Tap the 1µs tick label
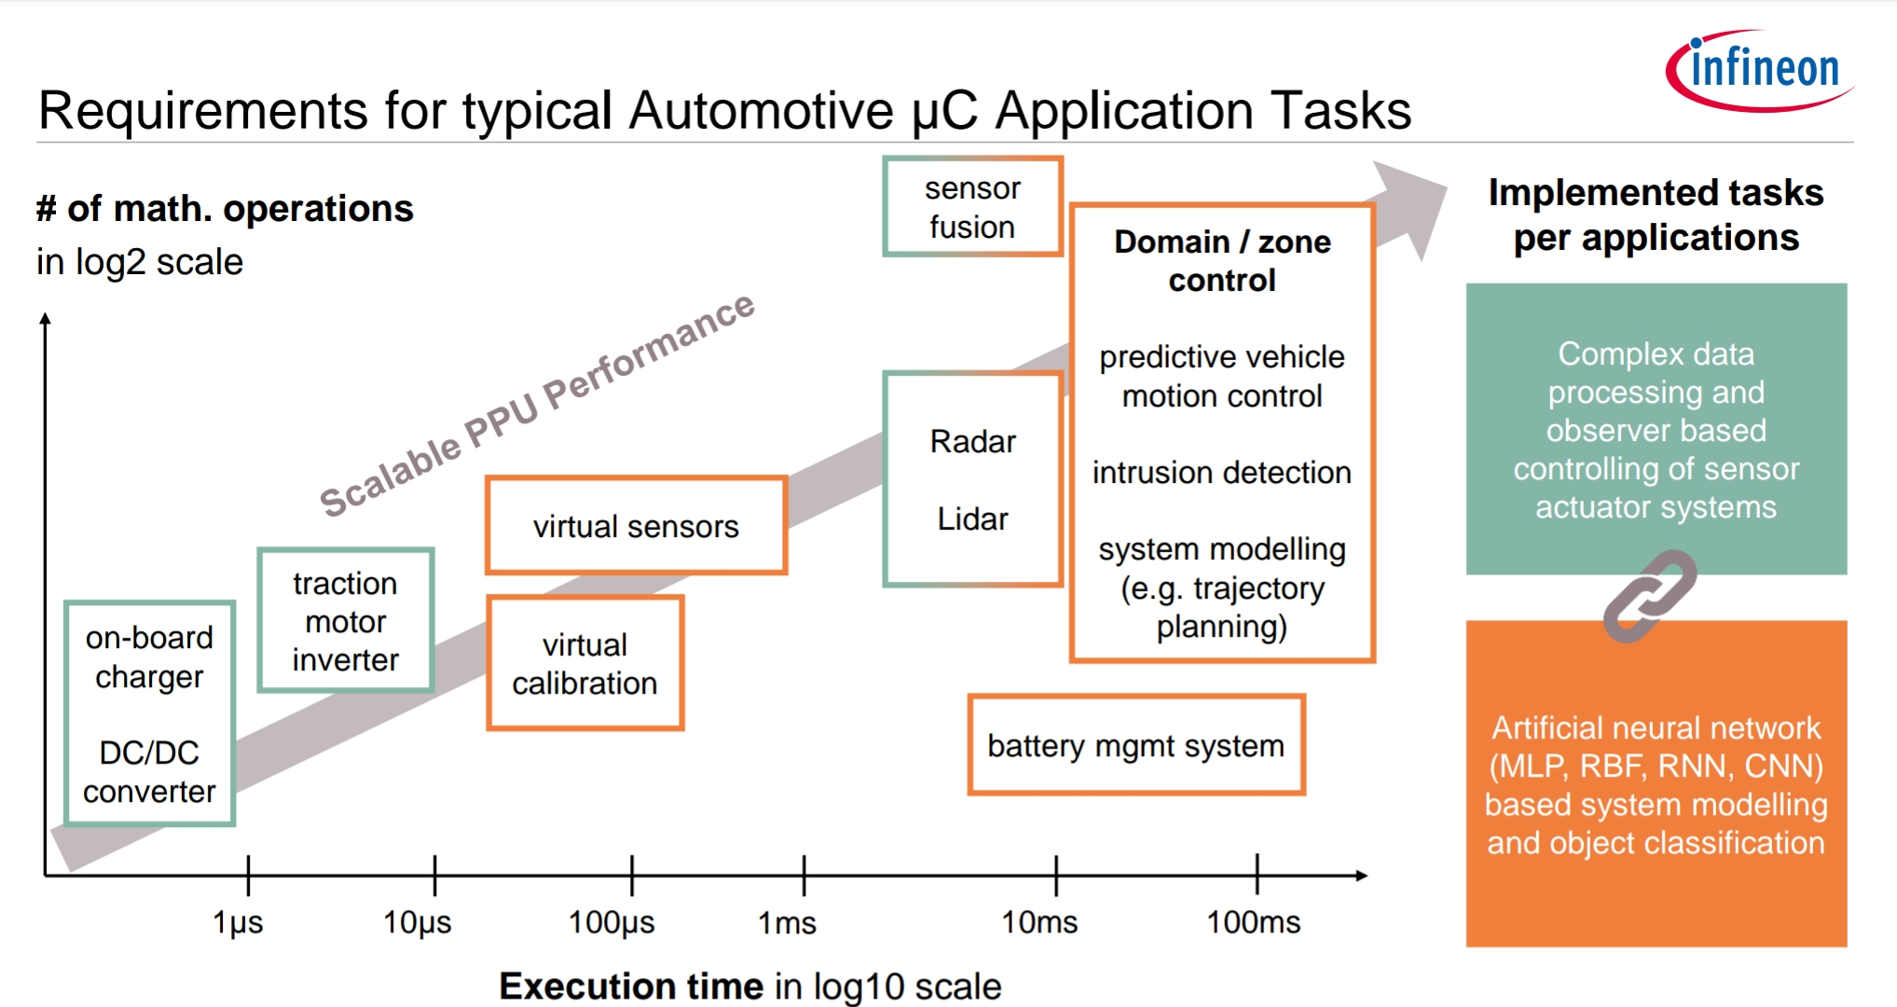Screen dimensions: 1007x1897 click(238, 922)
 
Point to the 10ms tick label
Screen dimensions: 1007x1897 click(1038, 922)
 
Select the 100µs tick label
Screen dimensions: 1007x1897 click(612, 922)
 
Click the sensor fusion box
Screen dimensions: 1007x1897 click(972, 207)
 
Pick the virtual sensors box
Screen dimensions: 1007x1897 click(636, 526)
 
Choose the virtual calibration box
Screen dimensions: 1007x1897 click(584, 663)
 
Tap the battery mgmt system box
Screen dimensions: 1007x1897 click(1135, 745)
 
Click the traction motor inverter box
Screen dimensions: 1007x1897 click(345, 621)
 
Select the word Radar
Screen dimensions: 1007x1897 click(972, 441)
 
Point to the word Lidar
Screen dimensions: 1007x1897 click(972, 518)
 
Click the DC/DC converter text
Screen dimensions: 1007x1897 click(149, 772)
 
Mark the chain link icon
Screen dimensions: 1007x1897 click(1649, 596)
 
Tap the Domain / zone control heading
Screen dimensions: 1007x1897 click(1222, 261)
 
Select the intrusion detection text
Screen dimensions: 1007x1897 click(1221, 473)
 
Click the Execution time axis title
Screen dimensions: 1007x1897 click(749, 986)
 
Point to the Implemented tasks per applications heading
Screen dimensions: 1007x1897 click(1656, 214)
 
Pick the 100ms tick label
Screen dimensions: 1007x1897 click(1253, 922)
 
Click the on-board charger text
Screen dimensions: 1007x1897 click(149, 656)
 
